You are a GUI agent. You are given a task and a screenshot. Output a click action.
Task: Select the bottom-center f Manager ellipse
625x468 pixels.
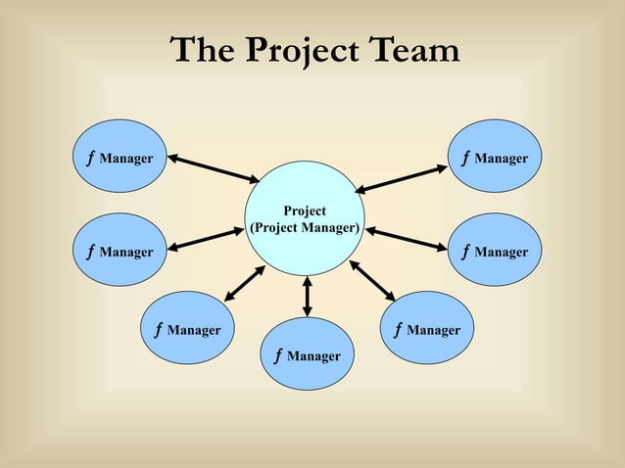coord(308,355)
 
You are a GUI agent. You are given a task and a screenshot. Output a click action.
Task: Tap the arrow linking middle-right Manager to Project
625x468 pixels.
coord(408,239)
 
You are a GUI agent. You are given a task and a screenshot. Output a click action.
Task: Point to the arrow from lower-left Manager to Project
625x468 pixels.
coord(245,284)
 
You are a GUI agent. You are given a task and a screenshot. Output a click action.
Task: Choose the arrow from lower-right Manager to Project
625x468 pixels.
coord(372,280)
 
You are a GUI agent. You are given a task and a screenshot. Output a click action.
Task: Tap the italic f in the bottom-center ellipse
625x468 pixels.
coord(278,354)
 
